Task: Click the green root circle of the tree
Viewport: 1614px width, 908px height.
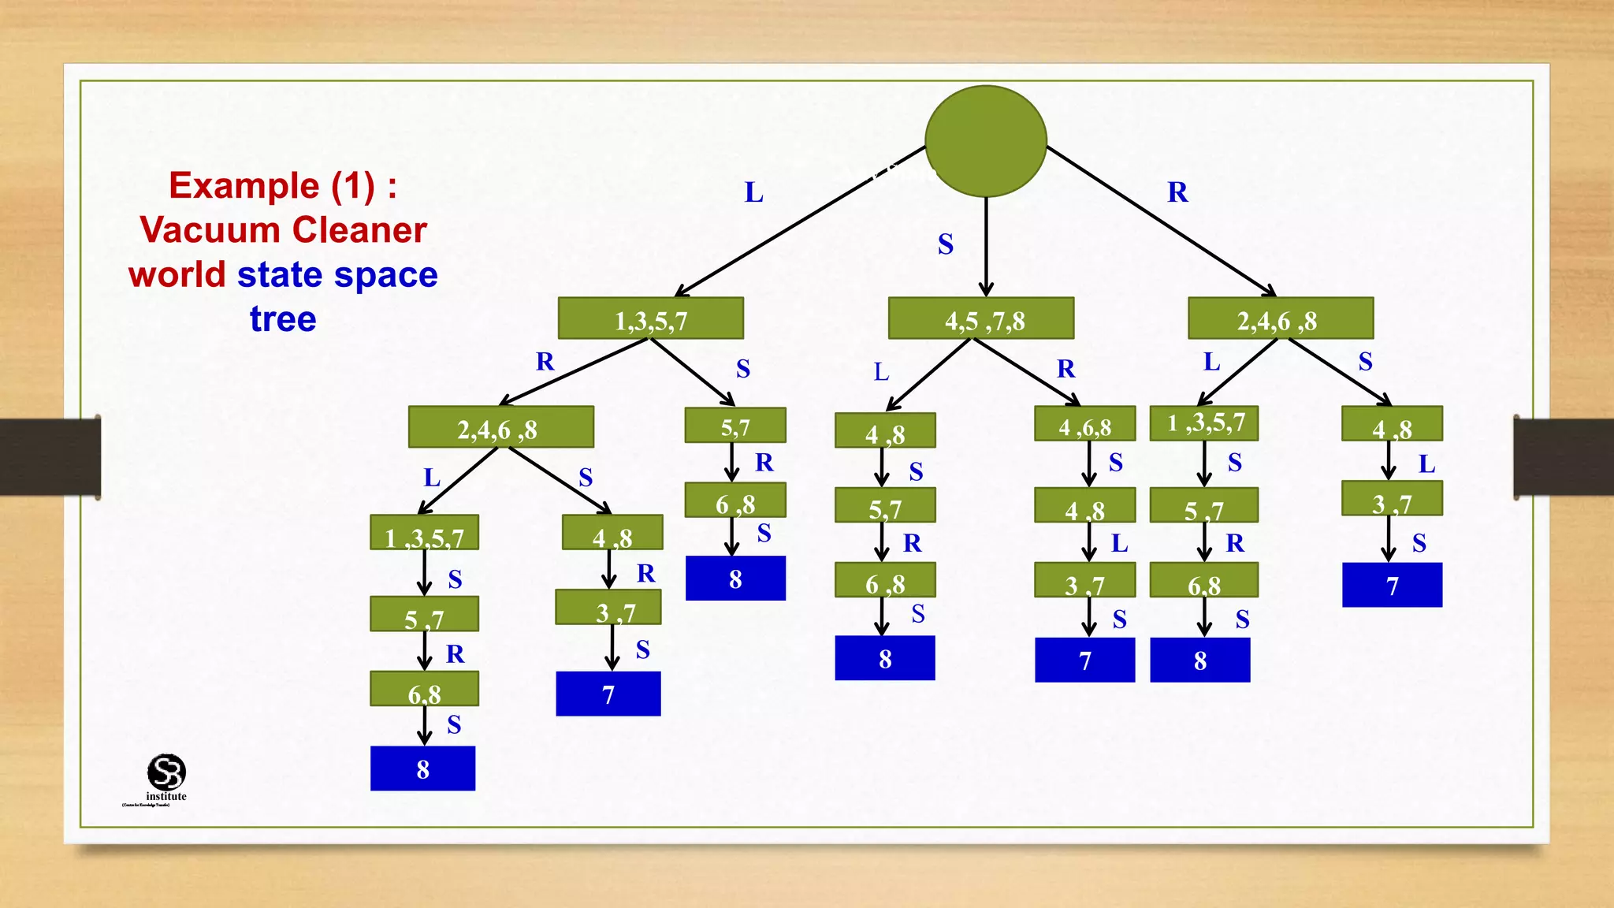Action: pyautogui.click(x=985, y=141)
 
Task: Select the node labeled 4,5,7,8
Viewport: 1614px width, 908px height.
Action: pyautogui.click(x=980, y=318)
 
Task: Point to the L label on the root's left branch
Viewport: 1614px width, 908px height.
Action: pyautogui.click(x=753, y=192)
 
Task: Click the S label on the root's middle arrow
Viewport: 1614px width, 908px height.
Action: pyautogui.click(x=945, y=244)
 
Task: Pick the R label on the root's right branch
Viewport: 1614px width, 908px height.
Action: pyautogui.click(x=1177, y=192)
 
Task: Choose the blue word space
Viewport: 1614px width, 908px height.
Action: pyautogui.click(x=385, y=275)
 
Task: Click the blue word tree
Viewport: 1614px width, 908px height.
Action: pyautogui.click(x=283, y=319)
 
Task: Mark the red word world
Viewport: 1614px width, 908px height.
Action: pyautogui.click(x=177, y=275)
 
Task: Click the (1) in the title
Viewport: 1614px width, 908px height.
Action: pyautogui.click(x=352, y=186)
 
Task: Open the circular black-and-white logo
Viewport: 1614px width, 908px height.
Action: pyautogui.click(x=166, y=772)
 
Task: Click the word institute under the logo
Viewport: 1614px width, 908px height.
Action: pyautogui.click(x=166, y=796)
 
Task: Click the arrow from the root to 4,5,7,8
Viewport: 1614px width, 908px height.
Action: pyautogui.click(x=986, y=246)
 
